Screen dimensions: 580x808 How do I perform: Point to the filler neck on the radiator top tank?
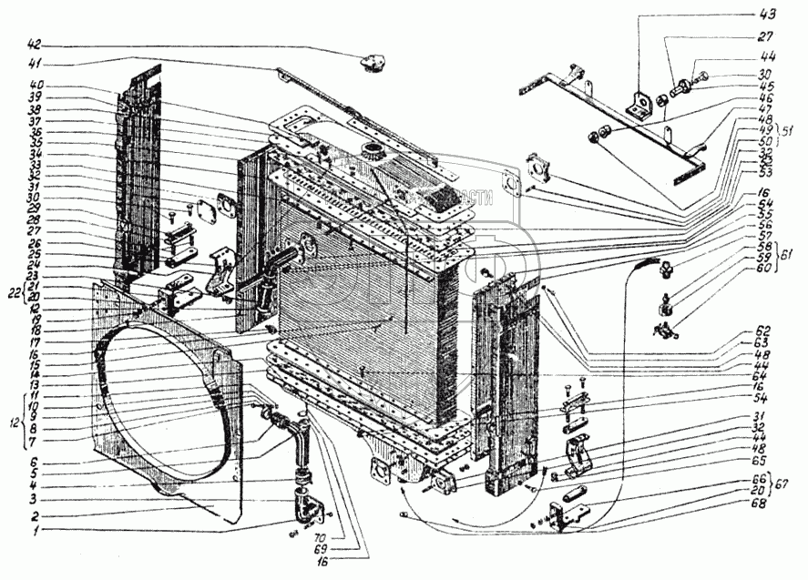373,148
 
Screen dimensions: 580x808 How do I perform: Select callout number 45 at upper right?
763,86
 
